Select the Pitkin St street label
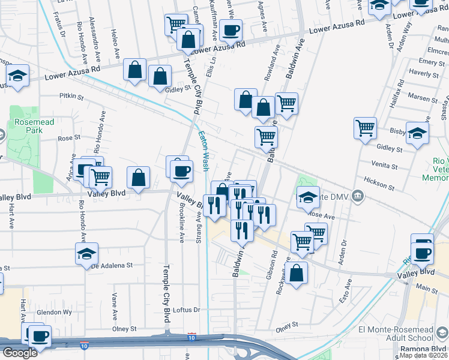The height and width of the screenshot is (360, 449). point(71,95)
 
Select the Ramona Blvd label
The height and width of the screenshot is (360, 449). point(429,347)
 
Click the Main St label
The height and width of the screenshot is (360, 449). point(427,289)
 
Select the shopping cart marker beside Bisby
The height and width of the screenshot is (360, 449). point(365,128)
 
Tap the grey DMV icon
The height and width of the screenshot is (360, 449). point(358,195)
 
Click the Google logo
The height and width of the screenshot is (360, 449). point(20,353)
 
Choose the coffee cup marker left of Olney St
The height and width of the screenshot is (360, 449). point(40,337)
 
